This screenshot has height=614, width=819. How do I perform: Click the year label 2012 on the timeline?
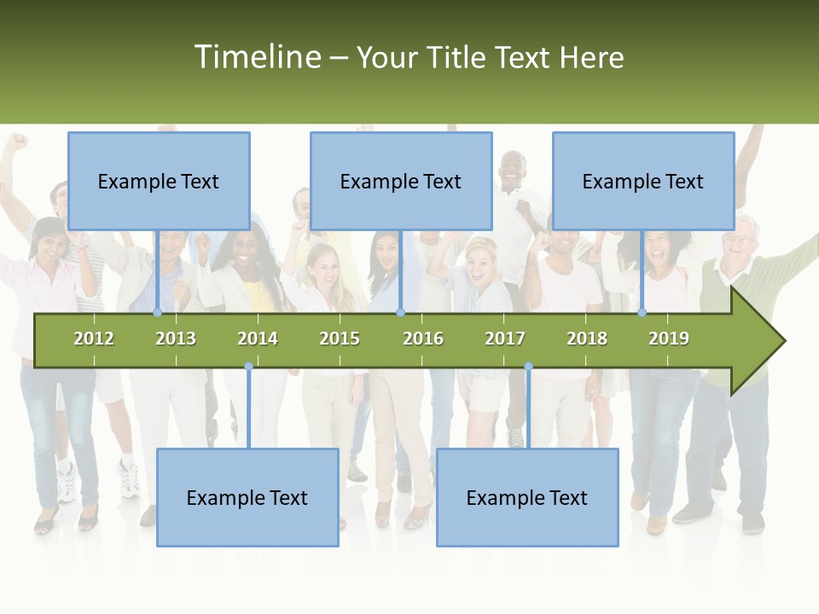(94, 339)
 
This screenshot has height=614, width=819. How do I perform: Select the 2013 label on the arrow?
(176, 339)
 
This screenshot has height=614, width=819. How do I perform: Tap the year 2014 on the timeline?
(258, 339)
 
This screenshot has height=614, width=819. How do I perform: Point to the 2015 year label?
(340, 339)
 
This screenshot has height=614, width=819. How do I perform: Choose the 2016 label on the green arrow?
(423, 339)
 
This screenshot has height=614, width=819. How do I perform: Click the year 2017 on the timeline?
(505, 339)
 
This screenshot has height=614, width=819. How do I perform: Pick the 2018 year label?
(587, 339)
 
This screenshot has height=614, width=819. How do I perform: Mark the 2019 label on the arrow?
(669, 339)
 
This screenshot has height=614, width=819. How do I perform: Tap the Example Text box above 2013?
(159, 181)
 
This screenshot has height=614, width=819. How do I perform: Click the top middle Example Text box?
(401, 181)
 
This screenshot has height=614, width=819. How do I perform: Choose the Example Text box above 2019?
(643, 181)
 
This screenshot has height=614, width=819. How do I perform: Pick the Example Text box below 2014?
(247, 497)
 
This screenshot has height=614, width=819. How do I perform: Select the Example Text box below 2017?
(527, 497)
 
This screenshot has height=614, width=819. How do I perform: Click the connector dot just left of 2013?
(158, 313)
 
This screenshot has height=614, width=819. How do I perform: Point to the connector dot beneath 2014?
(248, 367)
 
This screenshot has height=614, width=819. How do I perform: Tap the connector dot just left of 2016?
(400, 313)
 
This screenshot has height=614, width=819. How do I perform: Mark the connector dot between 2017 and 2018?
(528, 367)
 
